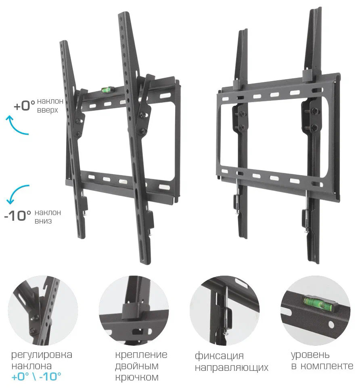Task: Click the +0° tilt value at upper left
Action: [x=24, y=106]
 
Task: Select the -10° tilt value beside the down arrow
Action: [x=18, y=215]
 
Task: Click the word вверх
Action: [x=47, y=110]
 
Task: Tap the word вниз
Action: [x=43, y=221]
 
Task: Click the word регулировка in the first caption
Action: [x=42, y=355]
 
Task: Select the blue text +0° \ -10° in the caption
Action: [x=36, y=377]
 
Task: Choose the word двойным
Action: [x=137, y=366]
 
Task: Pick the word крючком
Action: [x=137, y=377]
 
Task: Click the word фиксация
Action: [x=219, y=356]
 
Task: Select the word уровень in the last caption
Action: [x=310, y=355]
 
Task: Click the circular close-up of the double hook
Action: [x=134, y=310]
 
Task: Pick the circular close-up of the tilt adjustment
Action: [x=43, y=310]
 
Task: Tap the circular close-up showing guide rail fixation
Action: [x=225, y=310]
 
